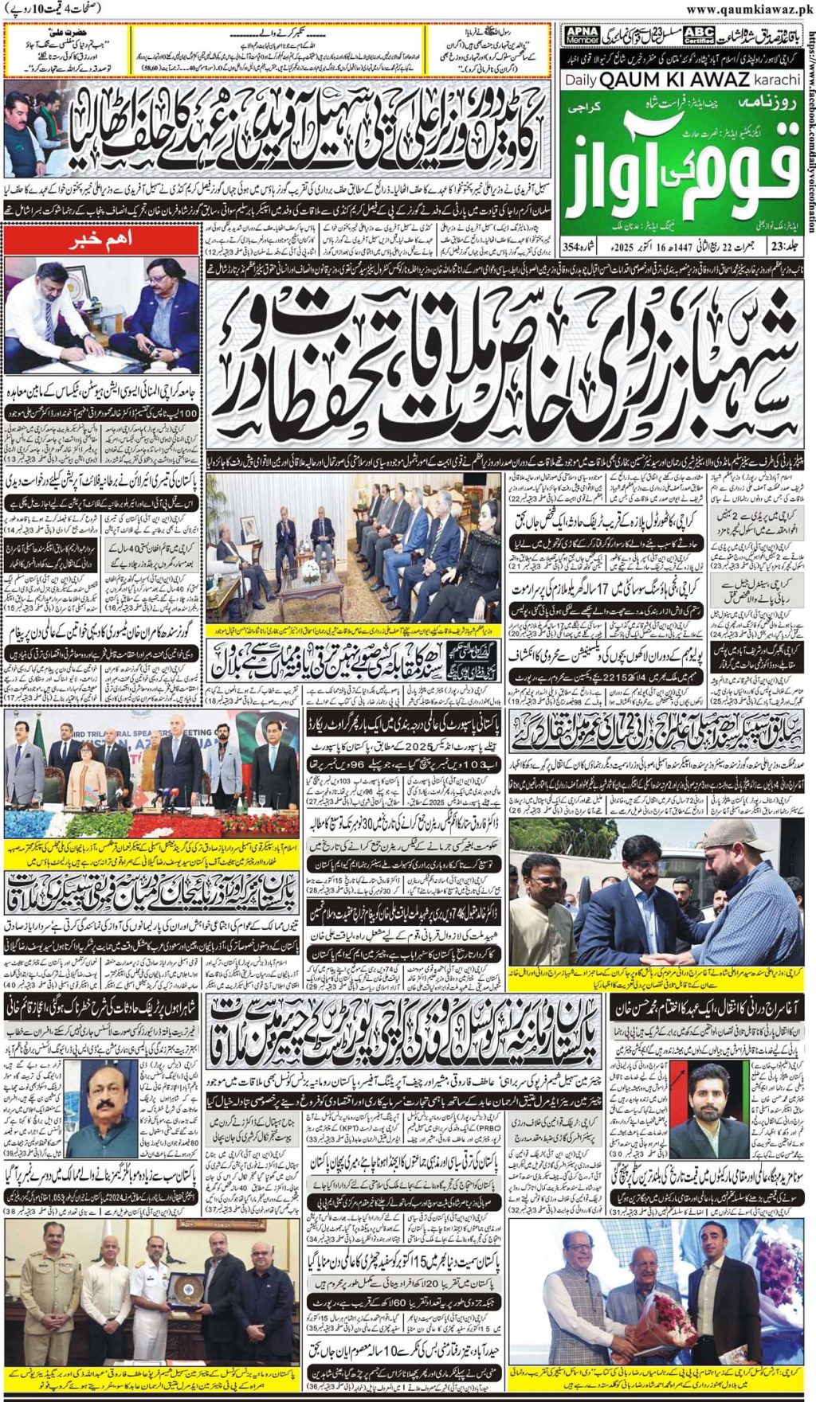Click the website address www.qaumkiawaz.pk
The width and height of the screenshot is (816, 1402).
tap(749, 10)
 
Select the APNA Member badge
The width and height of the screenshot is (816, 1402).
tap(582, 35)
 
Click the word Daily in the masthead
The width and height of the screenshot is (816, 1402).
tap(581, 80)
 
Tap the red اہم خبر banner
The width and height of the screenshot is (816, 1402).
tap(102, 239)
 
